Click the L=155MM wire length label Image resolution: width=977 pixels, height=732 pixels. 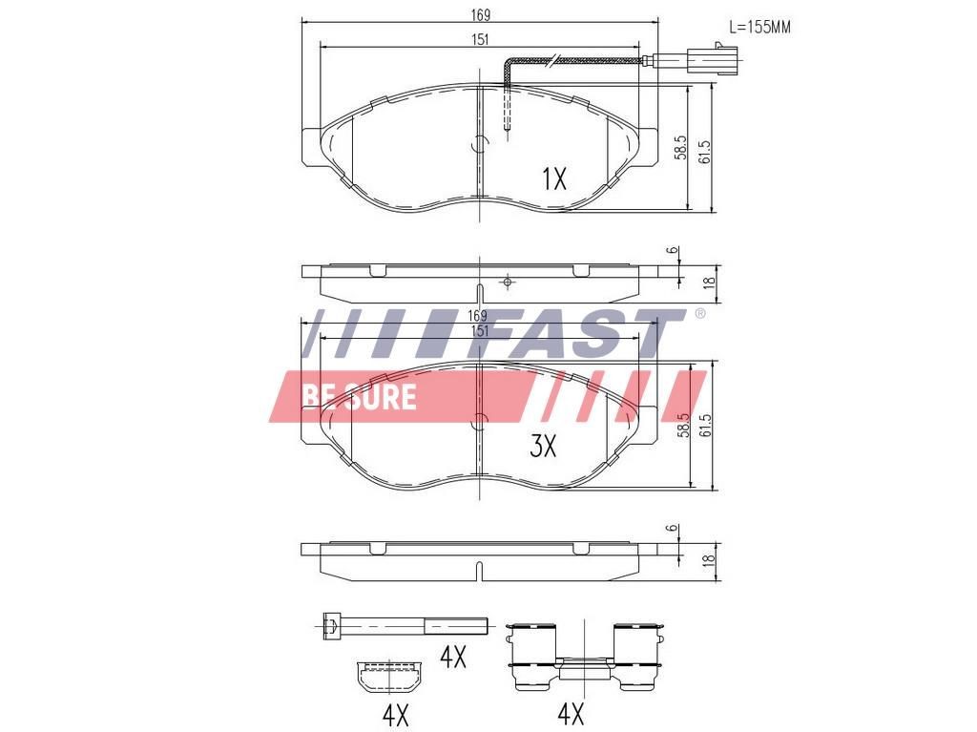(x=759, y=27)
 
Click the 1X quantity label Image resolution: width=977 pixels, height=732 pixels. (x=553, y=178)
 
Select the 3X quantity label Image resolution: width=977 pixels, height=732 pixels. (x=543, y=446)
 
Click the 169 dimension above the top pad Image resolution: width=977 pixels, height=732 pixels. (x=480, y=14)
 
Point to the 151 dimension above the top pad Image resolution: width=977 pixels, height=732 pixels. (x=480, y=39)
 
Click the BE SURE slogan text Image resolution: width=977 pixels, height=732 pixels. (x=359, y=396)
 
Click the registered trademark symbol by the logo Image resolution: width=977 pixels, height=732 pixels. (x=699, y=314)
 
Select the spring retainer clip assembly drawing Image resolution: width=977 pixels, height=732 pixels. (x=584, y=656)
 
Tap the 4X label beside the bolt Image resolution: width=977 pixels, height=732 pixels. (x=452, y=657)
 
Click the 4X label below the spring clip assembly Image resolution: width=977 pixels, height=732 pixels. (x=570, y=712)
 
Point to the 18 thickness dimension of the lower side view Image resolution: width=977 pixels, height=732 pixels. (x=707, y=562)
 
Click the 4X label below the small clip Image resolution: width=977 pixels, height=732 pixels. (x=394, y=713)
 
